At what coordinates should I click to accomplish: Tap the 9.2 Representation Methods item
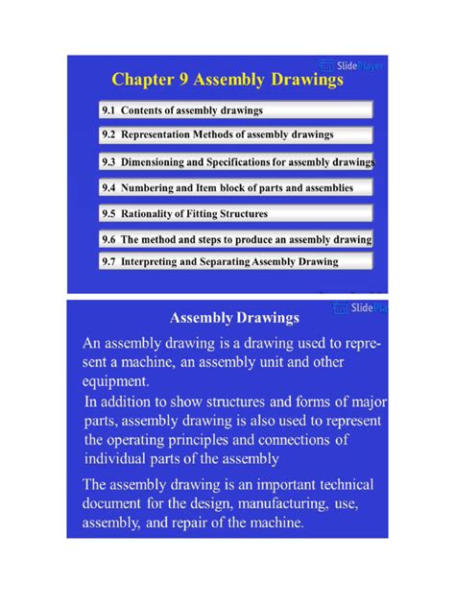pyautogui.click(x=218, y=136)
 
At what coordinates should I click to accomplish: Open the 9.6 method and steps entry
pyautogui.click(x=236, y=238)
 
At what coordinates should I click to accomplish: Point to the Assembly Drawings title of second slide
pyautogui.click(x=234, y=316)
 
